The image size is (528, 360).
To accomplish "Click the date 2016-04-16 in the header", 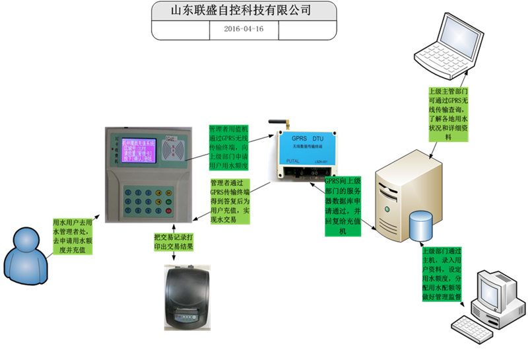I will (x=244, y=29).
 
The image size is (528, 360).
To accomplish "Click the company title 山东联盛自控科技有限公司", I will (x=244, y=11).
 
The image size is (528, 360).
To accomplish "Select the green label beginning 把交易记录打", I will (x=174, y=242).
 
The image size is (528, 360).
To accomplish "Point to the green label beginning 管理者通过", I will (x=229, y=201).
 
